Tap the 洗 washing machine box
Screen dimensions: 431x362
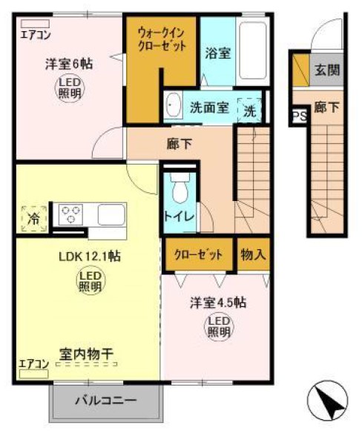coord(250,111)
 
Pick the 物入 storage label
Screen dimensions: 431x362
coord(253,254)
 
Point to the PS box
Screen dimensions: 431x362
coord(297,116)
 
